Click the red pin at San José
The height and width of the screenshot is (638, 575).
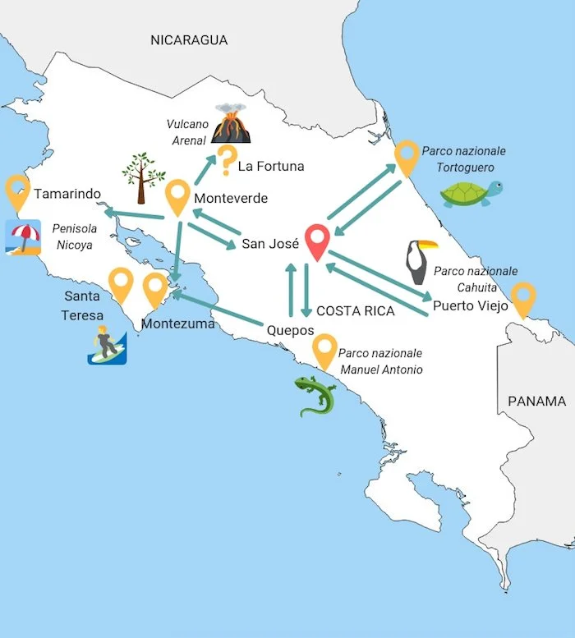point(316,241)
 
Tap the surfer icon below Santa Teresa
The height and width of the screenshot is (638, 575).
point(107,344)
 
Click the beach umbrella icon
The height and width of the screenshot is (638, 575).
point(23,236)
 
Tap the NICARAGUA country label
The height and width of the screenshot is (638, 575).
point(189,39)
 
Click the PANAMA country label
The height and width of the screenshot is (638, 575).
point(536,402)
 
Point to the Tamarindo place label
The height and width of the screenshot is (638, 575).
point(67,194)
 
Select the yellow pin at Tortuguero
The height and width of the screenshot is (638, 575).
point(407,158)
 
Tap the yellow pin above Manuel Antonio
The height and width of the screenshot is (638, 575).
point(325,351)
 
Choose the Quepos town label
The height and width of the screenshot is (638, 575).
point(290,329)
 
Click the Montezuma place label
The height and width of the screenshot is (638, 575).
point(177,324)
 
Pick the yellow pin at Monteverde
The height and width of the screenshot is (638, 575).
point(178,198)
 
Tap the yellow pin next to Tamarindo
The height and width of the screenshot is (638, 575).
point(17,192)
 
